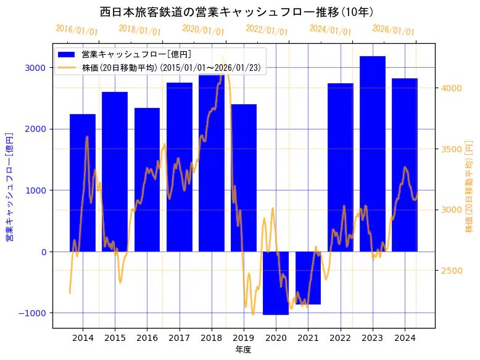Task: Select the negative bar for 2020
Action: coord(276,283)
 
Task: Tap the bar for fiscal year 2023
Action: coord(373,153)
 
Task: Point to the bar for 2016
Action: coord(147,179)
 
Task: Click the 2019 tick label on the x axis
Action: coord(244,338)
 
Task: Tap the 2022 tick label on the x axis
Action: coord(341,338)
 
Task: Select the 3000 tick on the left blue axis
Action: coord(35,67)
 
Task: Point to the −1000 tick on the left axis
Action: coord(32,313)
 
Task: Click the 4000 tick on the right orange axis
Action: coord(452,88)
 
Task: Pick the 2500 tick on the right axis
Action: coord(452,271)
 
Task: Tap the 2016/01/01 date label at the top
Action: coord(77,30)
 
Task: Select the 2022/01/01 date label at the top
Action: coord(267,30)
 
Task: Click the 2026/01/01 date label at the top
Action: coord(393,30)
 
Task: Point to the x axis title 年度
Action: coord(244,350)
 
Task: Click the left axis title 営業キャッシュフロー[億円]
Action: coord(9,186)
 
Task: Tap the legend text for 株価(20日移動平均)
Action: coord(173,68)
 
